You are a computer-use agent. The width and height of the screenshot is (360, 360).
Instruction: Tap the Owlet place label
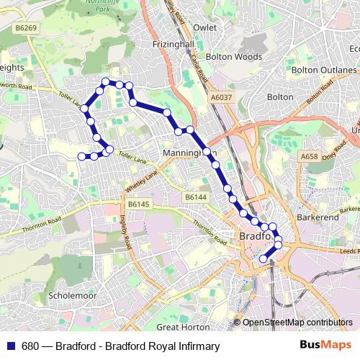[205, 28]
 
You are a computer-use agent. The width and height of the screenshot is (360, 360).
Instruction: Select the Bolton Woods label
[233, 55]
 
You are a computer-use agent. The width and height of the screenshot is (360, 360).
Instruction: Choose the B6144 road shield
[195, 197]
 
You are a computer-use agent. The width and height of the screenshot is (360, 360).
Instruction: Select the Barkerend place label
[317, 216]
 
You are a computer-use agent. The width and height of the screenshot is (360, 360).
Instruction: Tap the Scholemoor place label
[70, 295]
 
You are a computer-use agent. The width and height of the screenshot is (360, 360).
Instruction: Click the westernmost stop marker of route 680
[81, 156]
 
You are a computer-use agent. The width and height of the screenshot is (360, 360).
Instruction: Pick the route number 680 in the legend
[30, 346]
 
